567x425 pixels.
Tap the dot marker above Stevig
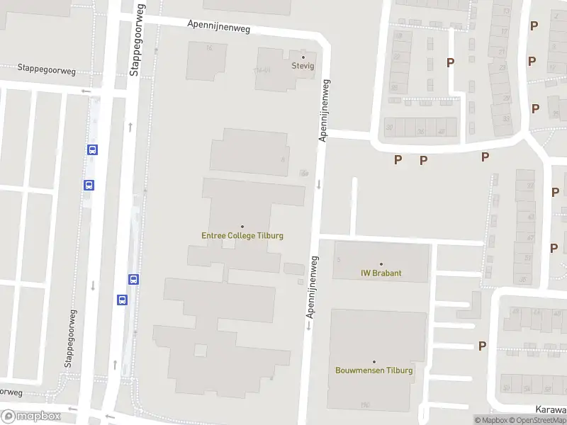click(x=303, y=57)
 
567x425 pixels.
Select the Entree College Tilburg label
click(x=242, y=236)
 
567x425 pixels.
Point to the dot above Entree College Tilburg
click(x=242, y=227)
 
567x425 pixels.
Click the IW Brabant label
click(x=381, y=273)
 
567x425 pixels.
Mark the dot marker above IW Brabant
click(x=381, y=263)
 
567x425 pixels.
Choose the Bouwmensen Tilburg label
click(x=374, y=370)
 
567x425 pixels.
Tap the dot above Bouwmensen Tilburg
click(x=374, y=361)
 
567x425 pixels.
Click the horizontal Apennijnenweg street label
click(x=219, y=26)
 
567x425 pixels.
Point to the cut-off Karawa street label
click(x=551, y=409)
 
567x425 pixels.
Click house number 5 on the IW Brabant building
click(x=339, y=260)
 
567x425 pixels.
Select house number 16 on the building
click(x=208, y=48)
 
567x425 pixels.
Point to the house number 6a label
click(x=305, y=172)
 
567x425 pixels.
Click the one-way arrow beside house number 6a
click(x=318, y=184)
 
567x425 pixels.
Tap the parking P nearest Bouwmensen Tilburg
click(x=483, y=346)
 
